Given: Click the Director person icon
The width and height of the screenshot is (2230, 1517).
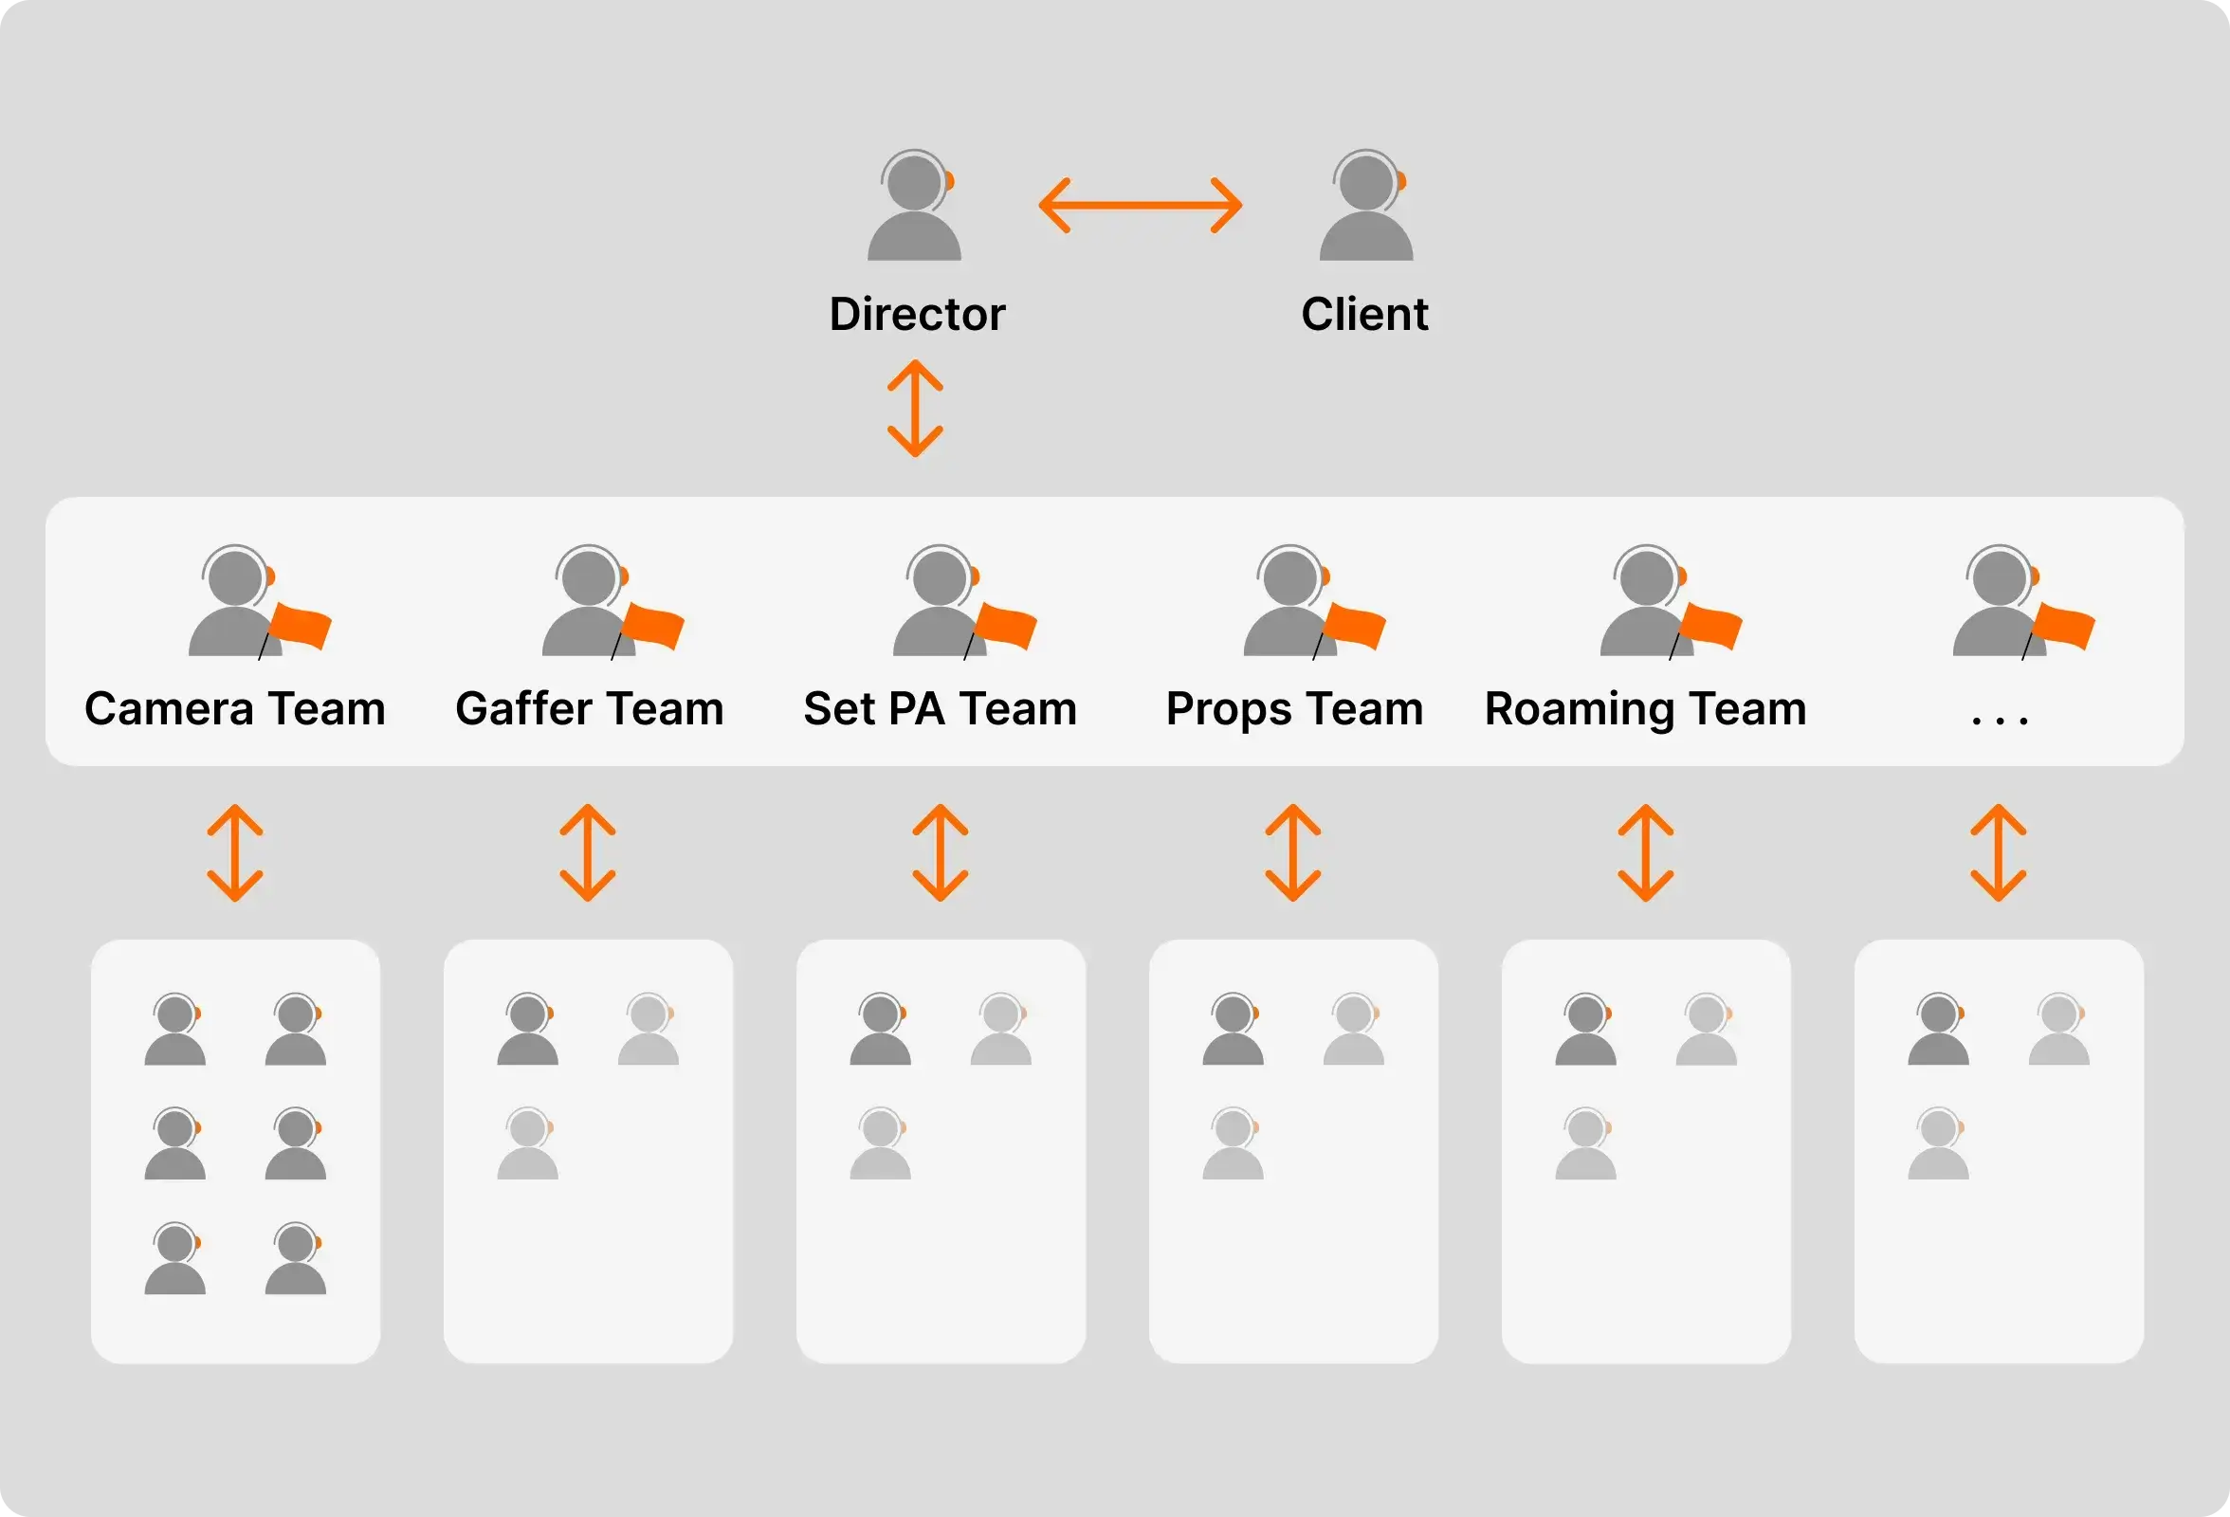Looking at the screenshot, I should click(x=913, y=206).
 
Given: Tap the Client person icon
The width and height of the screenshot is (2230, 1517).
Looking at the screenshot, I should click(x=1365, y=206).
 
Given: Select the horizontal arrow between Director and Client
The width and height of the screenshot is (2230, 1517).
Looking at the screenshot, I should click(x=1140, y=205).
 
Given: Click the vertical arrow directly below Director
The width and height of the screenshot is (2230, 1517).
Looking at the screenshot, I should click(x=914, y=408).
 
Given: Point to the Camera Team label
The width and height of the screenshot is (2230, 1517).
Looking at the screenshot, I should click(x=235, y=709).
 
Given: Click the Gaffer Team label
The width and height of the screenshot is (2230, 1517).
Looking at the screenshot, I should click(x=589, y=709).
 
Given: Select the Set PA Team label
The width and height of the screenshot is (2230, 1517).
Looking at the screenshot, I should click(x=940, y=709).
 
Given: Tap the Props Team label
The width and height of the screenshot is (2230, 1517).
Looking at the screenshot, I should click(x=1293, y=709).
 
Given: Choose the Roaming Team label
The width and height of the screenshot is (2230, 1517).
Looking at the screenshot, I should click(x=1645, y=709).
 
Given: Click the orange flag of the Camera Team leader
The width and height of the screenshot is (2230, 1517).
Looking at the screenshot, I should click(x=301, y=627).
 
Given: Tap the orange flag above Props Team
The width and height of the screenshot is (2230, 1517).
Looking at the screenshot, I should click(x=1355, y=627).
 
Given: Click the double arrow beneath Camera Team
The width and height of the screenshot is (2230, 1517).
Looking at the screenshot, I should click(x=235, y=852).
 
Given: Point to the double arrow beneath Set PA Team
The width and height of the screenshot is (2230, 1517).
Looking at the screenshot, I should click(x=940, y=852).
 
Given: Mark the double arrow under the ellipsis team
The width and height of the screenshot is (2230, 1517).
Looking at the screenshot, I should click(x=1998, y=852).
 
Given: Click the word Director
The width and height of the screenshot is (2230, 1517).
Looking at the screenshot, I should click(x=917, y=315).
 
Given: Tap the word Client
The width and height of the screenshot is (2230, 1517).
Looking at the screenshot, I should click(x=1363, y=315).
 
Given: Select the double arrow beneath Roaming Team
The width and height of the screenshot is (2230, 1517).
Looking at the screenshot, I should click(x=1646, y=852).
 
